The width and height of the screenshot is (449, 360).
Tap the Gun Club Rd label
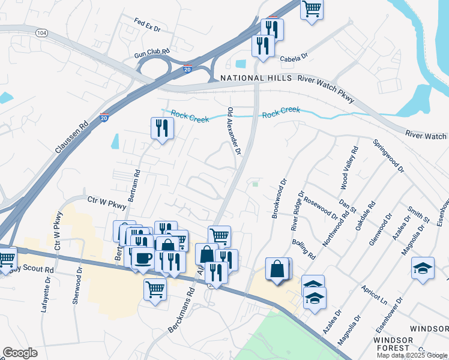(x=152, y=53)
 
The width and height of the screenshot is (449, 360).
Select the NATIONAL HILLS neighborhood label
(x=256, y=79)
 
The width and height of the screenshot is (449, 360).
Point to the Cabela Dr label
(x=294, y=58)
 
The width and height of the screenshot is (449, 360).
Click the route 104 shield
(x=41, y=32)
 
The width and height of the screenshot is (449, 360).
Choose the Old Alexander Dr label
(x=234, y=132)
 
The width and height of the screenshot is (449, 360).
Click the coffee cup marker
(x=143, y=258)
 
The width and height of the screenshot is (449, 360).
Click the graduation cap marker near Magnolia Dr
(x=423, y=268)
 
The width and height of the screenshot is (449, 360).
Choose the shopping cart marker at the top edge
(x=312, y=8)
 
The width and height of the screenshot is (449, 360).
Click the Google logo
(x=20, y=353)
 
